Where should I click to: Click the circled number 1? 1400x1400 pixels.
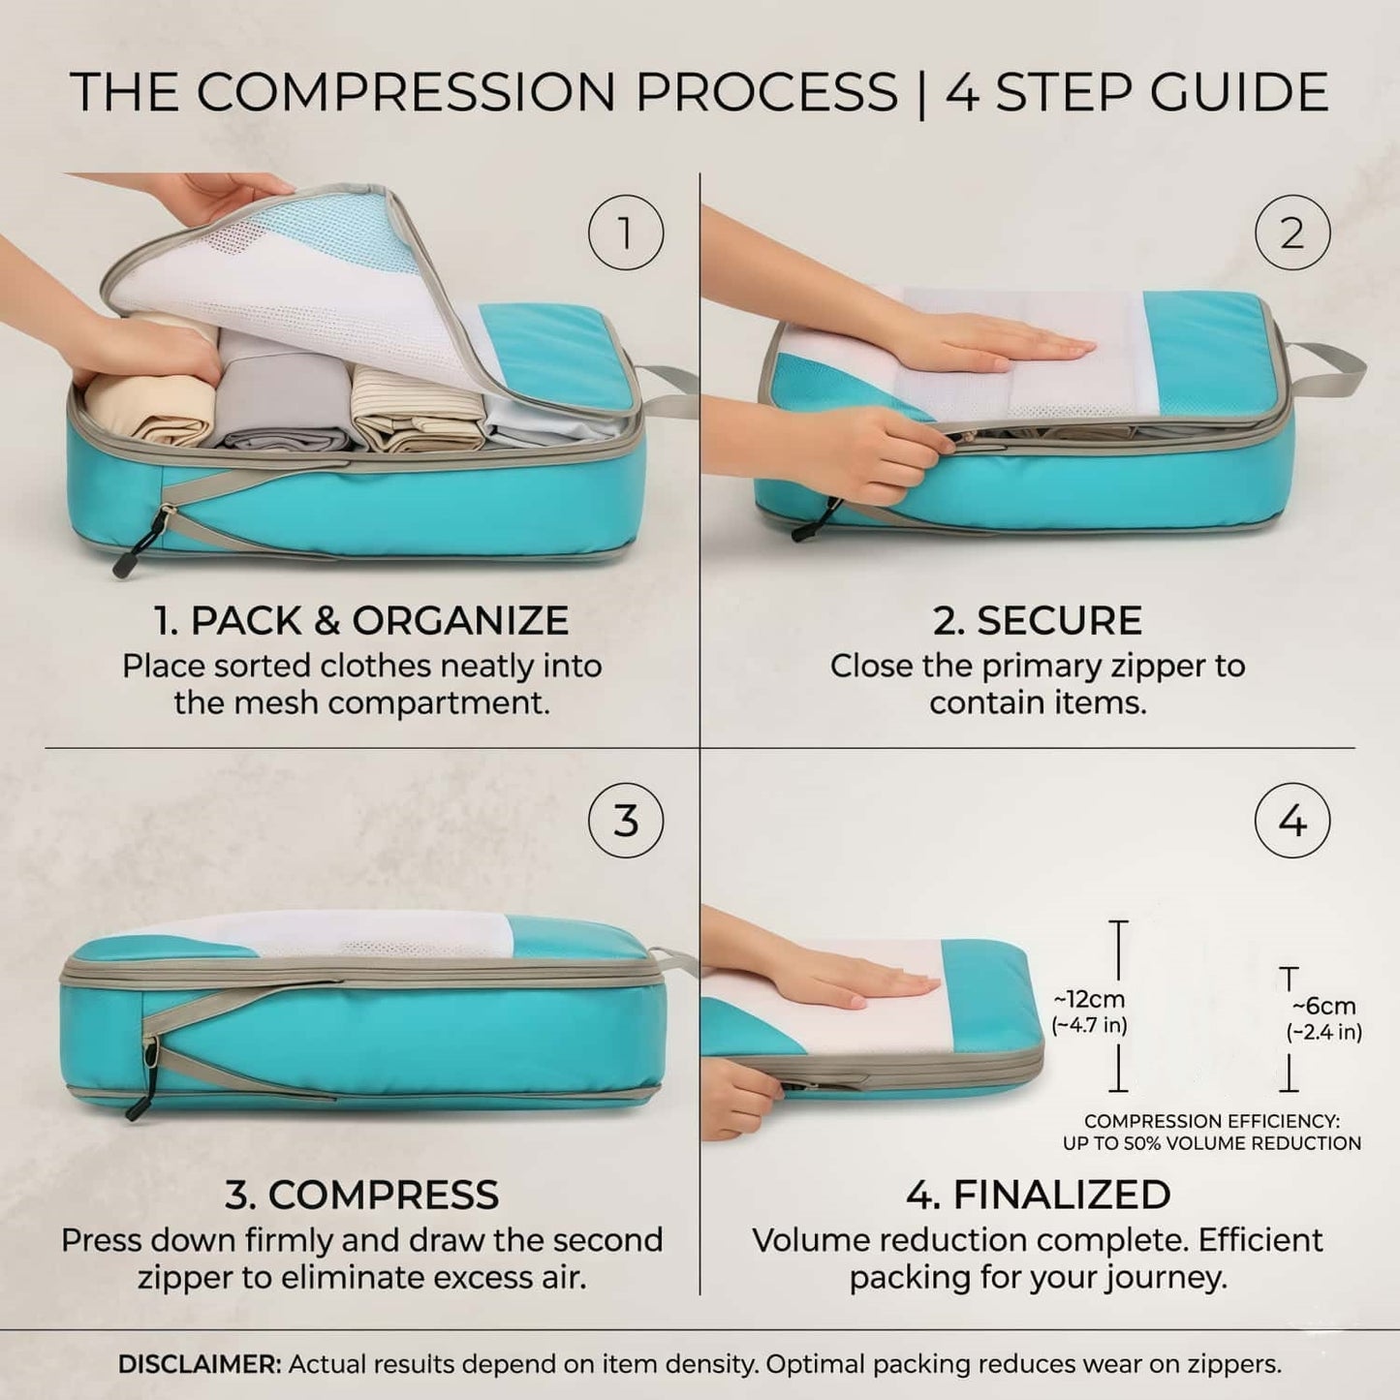pyautogui.click(x=626, y=233)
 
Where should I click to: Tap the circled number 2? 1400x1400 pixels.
pyautogui.click(x=1292, y=233)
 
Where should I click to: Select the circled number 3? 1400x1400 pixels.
pyautogui.click(x=626, y=821)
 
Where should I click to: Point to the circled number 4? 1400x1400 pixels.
pyautogui.click(x=1292, y=821)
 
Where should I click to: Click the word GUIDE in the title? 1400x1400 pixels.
pyautogui.click(x=1239, y=91)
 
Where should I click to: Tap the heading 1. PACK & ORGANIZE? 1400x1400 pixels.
pyautogui.click(x=361, y=620)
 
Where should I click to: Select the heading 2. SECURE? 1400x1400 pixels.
pyautogui.click(x=1038, y=620)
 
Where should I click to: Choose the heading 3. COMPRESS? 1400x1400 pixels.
pyautogui.click(x=361, y=1195)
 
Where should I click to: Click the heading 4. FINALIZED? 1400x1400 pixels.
pyautogui.click(x=1039, y=1195)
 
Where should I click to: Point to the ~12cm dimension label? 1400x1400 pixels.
pyautogui.click(x=1089, y=1000)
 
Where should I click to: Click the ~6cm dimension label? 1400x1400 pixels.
pyautogui.click(x=1323, y=1007)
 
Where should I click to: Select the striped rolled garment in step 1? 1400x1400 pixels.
pyautogui.click(x=416, y=408)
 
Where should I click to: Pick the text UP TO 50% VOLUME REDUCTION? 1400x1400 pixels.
pyautogui.click(x=1212, y=1143)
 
